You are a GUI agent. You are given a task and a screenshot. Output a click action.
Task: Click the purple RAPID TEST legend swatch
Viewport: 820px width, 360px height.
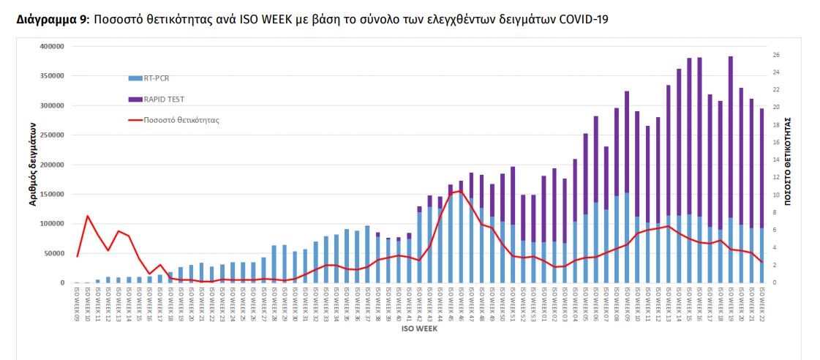pyautogui.click(x=135, y=99)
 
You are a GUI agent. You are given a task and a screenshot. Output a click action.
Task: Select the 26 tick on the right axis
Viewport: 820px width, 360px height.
pyautogui.click(x=775, y=55)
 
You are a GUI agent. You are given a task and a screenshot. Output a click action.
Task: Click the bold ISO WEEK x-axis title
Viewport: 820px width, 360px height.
pyautogui.click(x=420, y=329)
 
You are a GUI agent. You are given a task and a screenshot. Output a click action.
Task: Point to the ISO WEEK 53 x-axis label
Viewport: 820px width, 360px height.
pyautogui.click(x=533, y=304)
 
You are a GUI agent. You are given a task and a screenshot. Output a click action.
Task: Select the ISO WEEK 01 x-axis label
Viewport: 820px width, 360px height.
pyautogui.click(x=543, y=304)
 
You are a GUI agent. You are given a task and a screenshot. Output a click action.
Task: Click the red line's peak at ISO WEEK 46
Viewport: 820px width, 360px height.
pyautogui.click(x=460, y=191)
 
